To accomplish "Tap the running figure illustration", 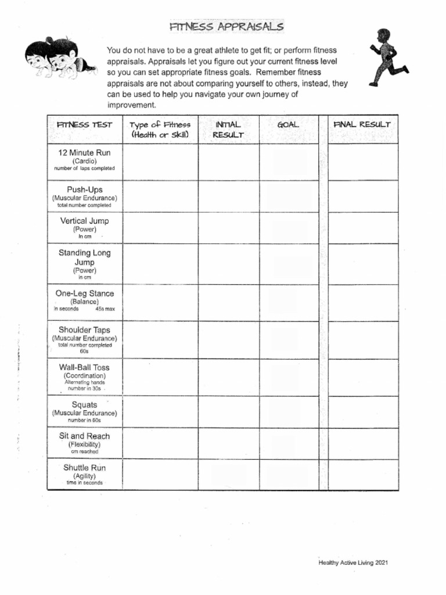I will pos(387,58).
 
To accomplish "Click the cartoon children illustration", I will pos(57,59).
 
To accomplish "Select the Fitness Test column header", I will pos(84,125).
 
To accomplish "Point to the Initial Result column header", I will pos(228,130).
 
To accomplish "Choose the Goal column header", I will pos(289,125).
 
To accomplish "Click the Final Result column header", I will pos(362,125).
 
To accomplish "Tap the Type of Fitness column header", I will pos(160,130).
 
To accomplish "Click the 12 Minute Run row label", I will pos(84,153).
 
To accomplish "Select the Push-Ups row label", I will pos(84,190).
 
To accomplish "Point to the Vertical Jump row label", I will pos(84,221).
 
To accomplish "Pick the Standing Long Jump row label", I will pos(84,257).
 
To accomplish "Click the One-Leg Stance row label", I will pos(84,294).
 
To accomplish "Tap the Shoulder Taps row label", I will pos(84,330).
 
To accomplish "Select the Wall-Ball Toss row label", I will pos(84,368).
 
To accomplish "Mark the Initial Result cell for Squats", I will pos(228,412).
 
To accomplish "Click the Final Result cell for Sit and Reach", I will pos(362,444).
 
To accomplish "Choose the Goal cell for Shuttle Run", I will pos(289,475).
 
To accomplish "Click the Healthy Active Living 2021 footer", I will pos(353,562).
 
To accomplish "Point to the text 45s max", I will pos(105,309).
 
